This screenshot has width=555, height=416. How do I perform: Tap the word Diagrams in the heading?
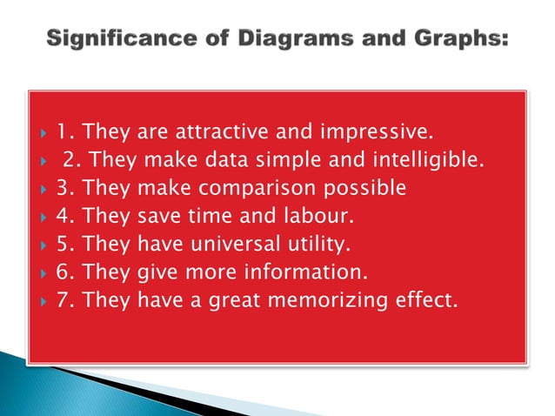pos(276,40)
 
